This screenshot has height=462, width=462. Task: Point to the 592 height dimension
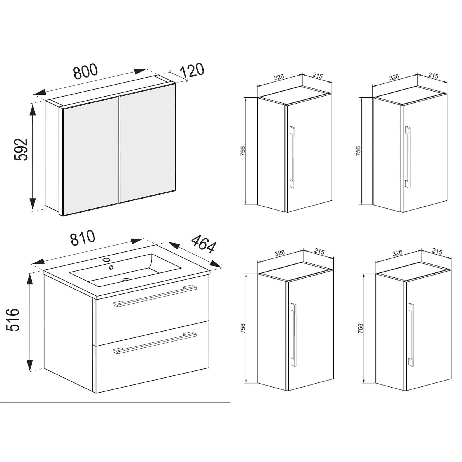pyautogui.click(x=21, y=150)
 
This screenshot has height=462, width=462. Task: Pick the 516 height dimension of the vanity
pyautogui.click(x=13, y=320)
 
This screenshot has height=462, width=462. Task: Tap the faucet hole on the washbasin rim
pyautogui.click(x=106, y=260)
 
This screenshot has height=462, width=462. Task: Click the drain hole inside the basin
pyautogui.click(x=126, y=279)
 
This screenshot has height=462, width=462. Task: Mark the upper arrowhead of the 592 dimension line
pyautogui.click(x=32, y=111)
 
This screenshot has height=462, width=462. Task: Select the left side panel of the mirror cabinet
pyautogui.click(x=52, y=157)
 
